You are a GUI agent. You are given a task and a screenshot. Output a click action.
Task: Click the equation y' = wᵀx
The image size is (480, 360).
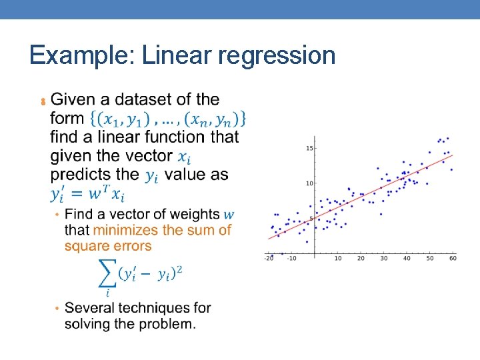pos(87,194)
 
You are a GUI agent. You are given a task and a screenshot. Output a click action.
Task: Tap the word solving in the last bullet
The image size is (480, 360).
pos(89,325)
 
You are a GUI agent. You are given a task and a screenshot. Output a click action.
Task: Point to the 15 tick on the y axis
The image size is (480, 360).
pos(309,148)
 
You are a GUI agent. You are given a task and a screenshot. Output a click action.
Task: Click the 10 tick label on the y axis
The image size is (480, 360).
pos(309,183)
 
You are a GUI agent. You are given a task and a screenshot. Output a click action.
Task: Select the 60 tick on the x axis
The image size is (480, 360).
pos(453,258)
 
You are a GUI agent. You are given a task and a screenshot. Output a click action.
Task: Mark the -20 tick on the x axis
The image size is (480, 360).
pos(268,258)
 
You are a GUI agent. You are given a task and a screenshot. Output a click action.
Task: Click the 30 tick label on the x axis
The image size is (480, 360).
pos(383,258)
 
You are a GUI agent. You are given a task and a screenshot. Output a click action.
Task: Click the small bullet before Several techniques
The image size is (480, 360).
pos(57,309)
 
